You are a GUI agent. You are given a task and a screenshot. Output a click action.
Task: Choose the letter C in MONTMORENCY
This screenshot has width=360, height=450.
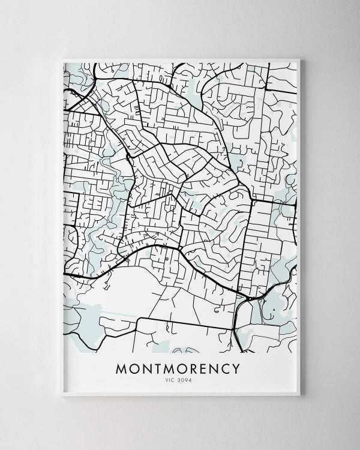227,367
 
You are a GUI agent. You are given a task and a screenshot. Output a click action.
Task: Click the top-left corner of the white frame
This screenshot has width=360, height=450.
62,58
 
